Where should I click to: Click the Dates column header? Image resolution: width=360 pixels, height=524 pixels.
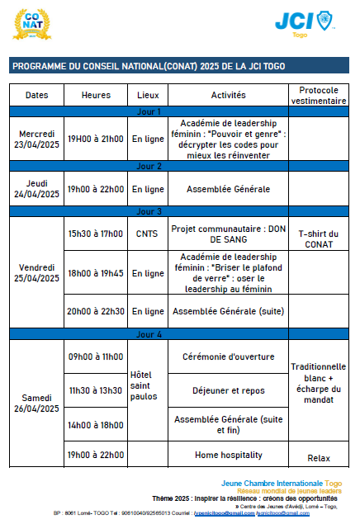point(37,95)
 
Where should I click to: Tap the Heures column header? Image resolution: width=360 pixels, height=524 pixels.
point(96,95)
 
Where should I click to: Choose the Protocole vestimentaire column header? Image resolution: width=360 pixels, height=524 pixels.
point(323,95)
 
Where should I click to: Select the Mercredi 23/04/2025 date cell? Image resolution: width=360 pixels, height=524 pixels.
point(37,139)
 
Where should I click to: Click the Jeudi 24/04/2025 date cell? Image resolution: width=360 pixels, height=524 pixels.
point(37,189)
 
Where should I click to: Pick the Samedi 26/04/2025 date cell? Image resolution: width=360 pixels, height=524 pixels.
point(37,403)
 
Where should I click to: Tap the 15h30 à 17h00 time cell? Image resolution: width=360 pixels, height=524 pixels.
point(96,234)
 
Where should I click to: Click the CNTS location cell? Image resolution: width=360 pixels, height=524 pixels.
point(148,234)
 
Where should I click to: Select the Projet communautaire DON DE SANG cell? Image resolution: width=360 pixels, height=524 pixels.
point(229,234)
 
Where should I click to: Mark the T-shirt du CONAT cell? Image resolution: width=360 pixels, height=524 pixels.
point(323,238)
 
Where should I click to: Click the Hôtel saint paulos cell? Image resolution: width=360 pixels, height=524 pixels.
point(148,385)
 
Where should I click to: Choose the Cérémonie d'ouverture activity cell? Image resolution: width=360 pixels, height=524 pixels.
point(229,357)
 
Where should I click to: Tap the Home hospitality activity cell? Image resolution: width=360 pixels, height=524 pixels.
point(229,455)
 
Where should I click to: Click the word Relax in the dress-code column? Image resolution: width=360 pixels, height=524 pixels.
point(319,458)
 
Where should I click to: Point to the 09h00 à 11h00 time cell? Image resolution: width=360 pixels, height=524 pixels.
point(96,357)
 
